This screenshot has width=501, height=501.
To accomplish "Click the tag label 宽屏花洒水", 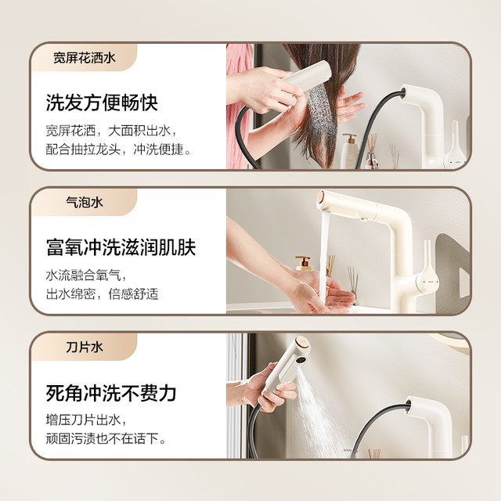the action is [x=84, y=58].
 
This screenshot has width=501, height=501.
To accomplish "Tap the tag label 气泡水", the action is [x=85, y=202].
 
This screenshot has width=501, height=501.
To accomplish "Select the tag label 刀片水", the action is [x=85, y=347].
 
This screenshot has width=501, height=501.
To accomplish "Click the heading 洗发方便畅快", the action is [x=102, y=103].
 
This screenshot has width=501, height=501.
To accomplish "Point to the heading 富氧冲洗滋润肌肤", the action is [x=121, y=247].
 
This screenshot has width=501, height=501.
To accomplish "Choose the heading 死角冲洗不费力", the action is [x=111, y=393].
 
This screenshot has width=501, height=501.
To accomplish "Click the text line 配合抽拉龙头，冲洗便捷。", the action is [x=118, y=150].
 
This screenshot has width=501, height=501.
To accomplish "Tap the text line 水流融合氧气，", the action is [x=86, y=275].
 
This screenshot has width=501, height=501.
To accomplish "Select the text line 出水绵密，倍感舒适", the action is [x=102, y=294].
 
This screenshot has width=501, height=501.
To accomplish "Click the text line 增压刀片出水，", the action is [x=86, y=420].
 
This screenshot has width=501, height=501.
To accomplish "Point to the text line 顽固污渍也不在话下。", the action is [x=106, y=438].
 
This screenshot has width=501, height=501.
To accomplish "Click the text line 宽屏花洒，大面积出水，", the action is [x=111, y=131].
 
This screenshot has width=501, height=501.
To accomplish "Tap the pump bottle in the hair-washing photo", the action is [x=349, y=151].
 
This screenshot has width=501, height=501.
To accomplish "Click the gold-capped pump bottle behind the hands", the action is [x=303, y=263].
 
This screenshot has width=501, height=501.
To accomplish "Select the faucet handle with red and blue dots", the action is [x=427, y=274].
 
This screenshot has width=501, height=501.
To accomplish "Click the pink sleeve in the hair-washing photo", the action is [x=238, y=106].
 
